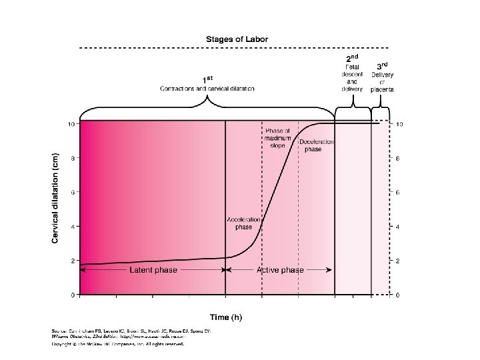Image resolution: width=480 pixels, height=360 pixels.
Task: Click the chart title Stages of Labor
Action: (237, 39)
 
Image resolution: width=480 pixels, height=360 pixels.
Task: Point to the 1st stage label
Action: (207, 79)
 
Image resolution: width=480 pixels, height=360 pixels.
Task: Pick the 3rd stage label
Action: (383, 66)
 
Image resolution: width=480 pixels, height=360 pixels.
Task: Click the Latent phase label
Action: (153, 270)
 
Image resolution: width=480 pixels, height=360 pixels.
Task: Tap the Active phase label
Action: (280, 270)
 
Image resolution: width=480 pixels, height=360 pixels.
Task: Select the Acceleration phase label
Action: (239, 223)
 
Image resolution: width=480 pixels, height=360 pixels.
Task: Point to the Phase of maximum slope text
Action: (278, 137)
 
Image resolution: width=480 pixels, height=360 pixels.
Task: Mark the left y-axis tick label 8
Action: (71, 158)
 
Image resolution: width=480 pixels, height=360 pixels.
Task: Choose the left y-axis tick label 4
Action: (71, 226)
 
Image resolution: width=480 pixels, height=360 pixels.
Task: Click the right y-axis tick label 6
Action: (397, 192)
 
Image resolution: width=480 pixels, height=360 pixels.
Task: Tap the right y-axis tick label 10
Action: (399, 124)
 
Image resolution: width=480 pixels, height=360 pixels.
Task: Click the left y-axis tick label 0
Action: (71, 295)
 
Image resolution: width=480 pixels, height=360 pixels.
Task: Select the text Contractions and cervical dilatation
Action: (207, 89)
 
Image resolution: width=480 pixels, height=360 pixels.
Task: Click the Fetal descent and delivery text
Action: (352, 77)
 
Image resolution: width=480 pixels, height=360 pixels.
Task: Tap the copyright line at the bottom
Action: (117, 344)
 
